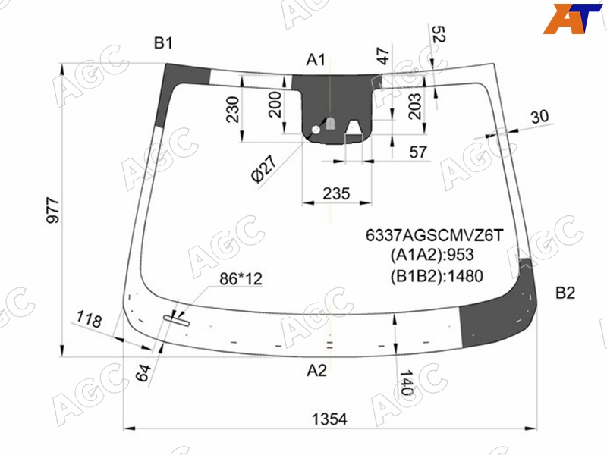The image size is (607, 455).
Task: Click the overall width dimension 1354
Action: tap(329, 419)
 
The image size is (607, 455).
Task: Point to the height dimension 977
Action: tap(53, 210)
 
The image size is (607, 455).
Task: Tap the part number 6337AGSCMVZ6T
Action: tap(435, 235)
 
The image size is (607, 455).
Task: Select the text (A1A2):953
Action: tap(432, 255)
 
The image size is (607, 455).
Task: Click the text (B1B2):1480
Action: tap(437, 276)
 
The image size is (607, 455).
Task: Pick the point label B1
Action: tap(163, 43)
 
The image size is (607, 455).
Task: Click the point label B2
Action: tap(565, 293)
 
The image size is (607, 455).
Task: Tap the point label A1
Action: tap(316, 60)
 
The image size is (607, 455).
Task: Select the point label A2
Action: tap(316, 371)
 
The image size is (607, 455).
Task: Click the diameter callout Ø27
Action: tap(264, 168)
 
